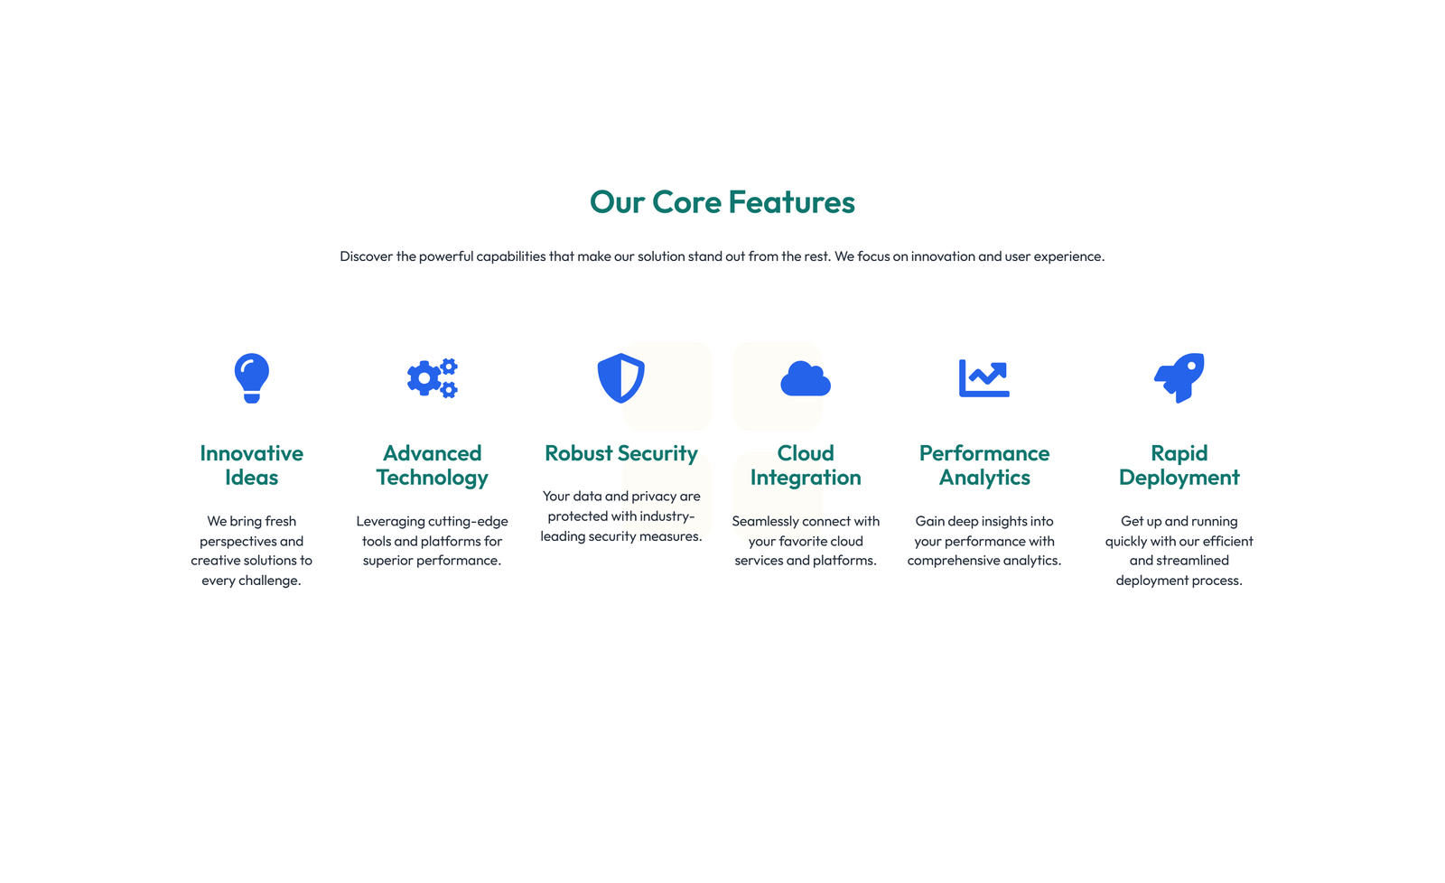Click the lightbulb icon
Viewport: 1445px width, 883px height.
tap(251, 377)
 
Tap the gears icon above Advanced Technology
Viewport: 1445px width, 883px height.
tap(432, 378)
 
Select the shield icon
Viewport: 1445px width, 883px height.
tap(621, 377)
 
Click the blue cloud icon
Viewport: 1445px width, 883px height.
tap(806, 378)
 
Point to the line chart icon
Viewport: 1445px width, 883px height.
tap(984, 378)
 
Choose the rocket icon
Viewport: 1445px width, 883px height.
tap(1179, 377)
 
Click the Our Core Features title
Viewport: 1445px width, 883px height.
tap(722, 202)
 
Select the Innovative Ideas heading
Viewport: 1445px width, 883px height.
tap(251, 465)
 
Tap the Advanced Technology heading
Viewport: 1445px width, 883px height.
tap(432, 465)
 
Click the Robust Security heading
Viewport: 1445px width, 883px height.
tap(621, 453)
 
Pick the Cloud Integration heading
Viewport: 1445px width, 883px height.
tap(806, 465)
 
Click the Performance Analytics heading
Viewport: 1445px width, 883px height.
tap(984, 465)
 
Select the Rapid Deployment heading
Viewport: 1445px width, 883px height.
tap(1179, 465)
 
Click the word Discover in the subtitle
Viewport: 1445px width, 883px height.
tap(366, 256)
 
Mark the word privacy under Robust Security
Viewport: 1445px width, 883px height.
tap(655, 497)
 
